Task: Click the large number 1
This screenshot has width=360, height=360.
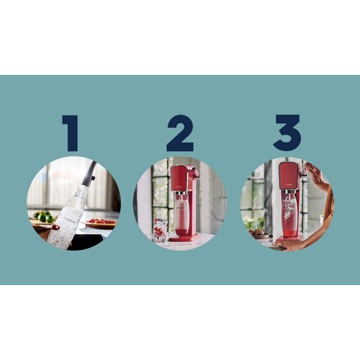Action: (x=72, y=133)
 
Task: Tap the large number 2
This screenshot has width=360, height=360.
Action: (x=180, y=133)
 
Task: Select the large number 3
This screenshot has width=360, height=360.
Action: (x=287, y=133)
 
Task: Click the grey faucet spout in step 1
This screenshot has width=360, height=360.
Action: (x=89, y=174)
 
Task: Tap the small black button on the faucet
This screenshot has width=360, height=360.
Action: (x=94, y=178)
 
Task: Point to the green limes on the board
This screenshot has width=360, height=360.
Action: (x=44, y=217)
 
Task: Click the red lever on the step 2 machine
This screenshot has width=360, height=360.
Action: (x=195, y=174)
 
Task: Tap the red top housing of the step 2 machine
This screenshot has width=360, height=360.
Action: (x=179, y=179)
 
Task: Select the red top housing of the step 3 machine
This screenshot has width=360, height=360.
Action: (x=287, y=176)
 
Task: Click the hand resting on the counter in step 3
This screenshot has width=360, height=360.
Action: (x=288, y=245)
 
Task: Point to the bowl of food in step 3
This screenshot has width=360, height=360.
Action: (x=257, y=233)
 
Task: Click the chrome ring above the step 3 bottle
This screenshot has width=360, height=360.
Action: (x=289, y=192)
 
